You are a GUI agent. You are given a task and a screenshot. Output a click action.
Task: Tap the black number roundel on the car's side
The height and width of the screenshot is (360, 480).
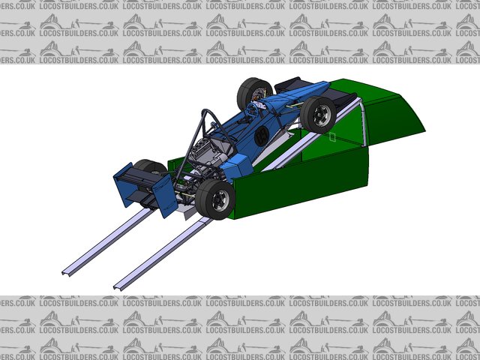pos(262,136)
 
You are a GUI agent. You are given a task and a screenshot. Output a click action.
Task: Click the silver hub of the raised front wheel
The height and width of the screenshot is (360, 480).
pos(322,115)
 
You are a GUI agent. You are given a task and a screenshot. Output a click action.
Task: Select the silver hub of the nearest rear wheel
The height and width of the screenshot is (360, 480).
pos(221,200)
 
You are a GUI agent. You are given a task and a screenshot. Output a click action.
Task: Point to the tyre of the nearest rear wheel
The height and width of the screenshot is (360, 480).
pos(215,199)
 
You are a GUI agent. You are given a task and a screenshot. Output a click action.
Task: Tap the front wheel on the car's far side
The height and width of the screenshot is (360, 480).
pos(254,91)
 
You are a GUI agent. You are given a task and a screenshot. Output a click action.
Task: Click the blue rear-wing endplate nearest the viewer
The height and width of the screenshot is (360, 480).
pos(165,196)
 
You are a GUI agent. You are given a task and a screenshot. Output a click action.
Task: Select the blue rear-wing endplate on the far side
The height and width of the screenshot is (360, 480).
pos(123,184)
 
